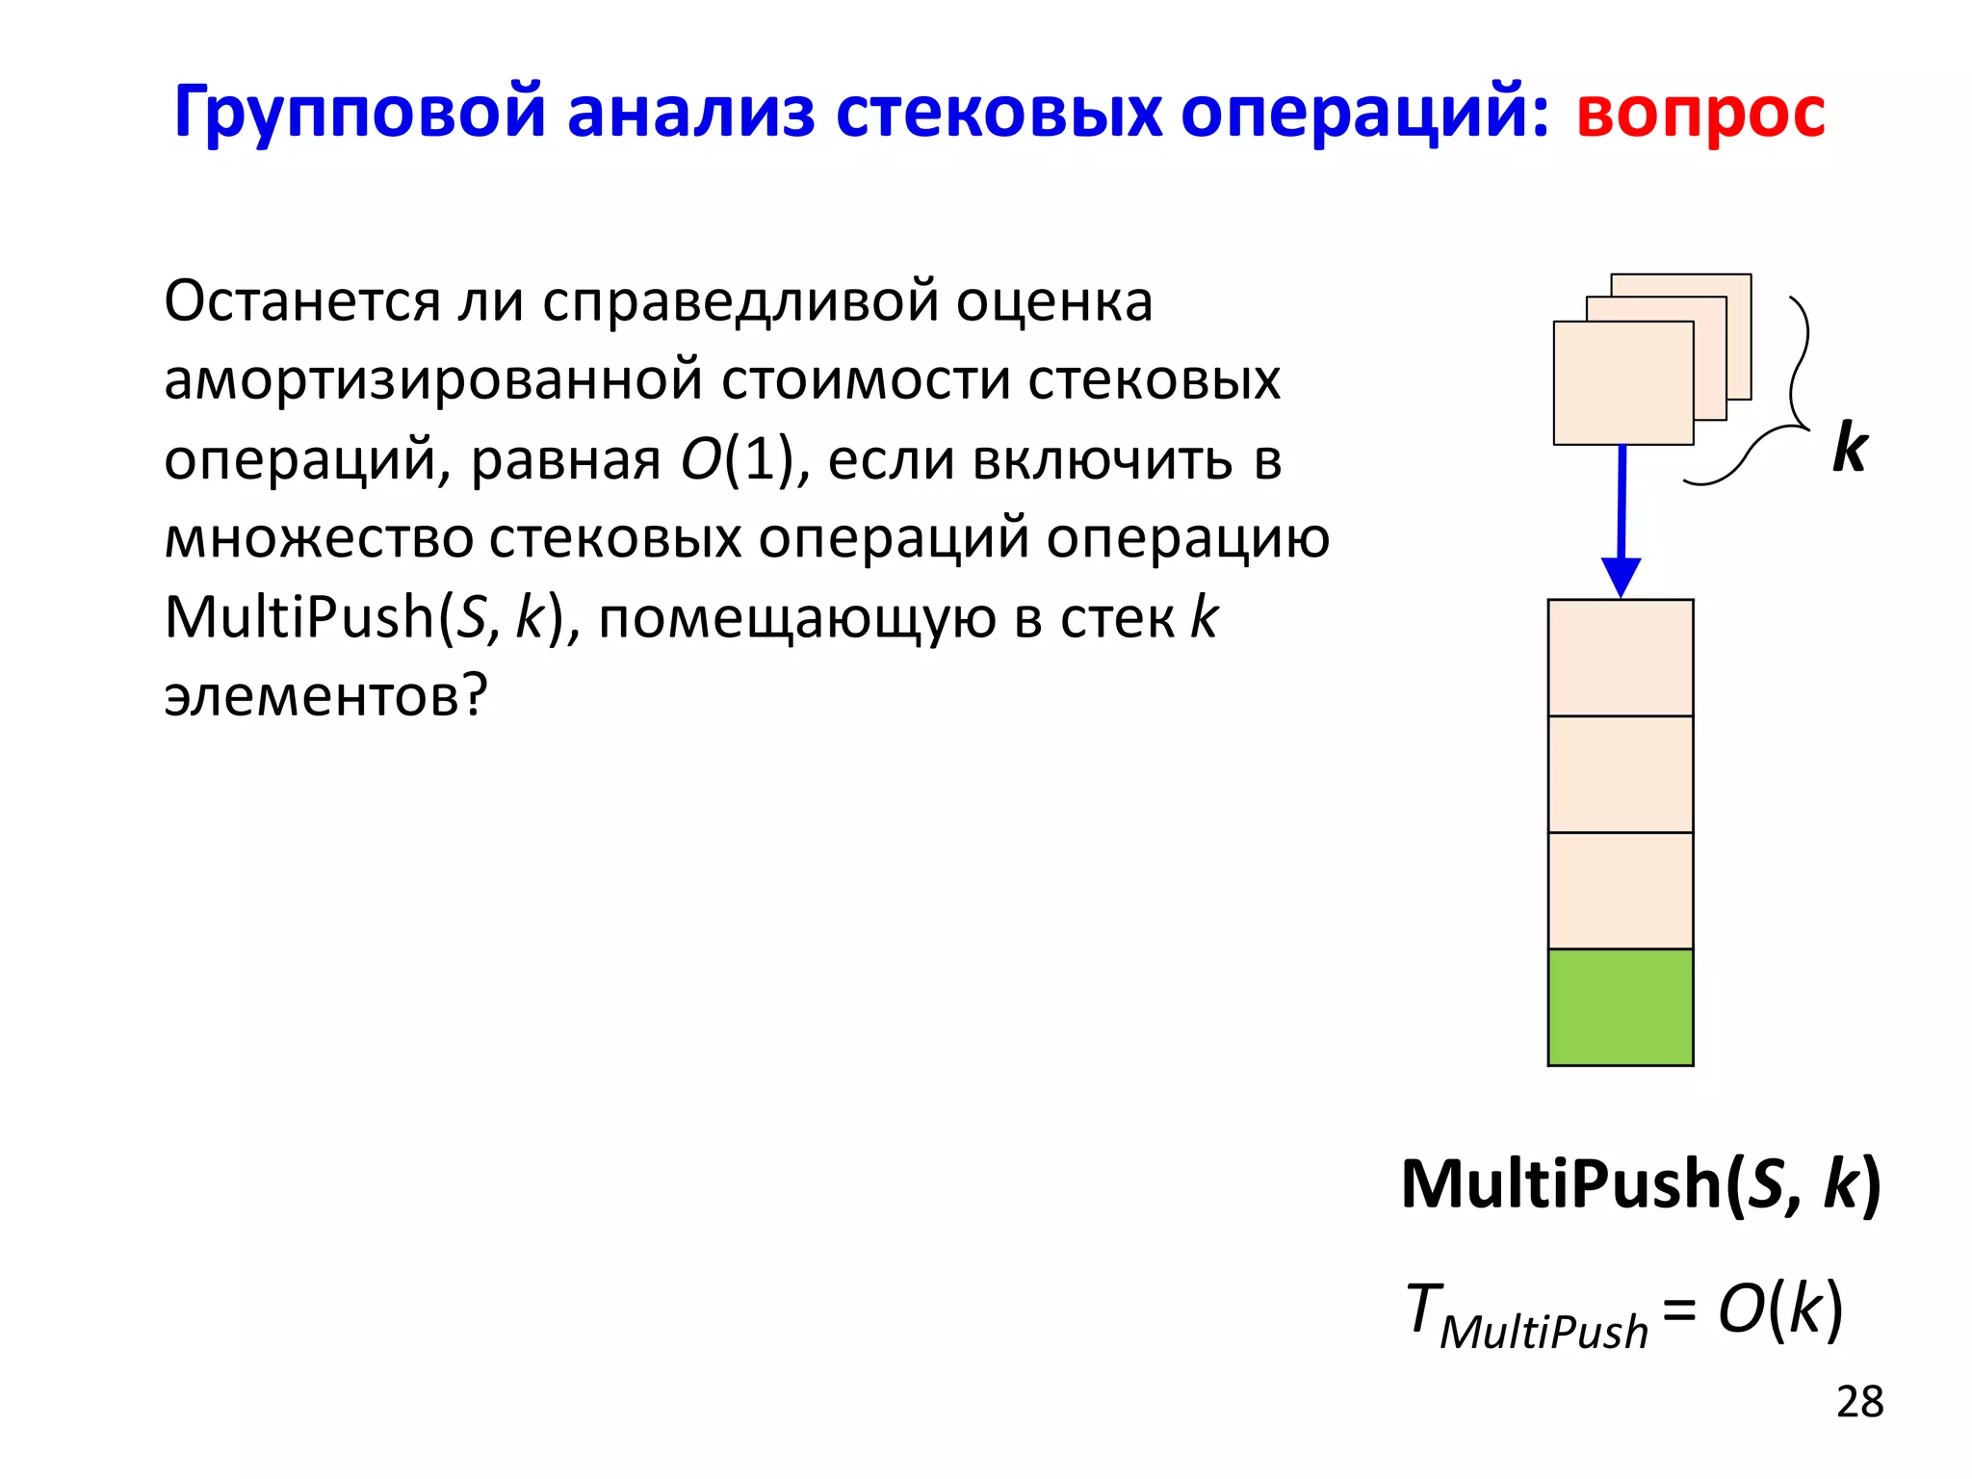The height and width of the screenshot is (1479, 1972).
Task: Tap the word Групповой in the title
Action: click(x=358, y=114)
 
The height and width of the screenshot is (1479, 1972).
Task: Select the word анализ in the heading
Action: click(x=690, y=114)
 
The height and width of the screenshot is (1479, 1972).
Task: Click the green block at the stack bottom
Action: click(x=1621, y=1007)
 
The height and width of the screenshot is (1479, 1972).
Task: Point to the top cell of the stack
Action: click(x=1621, y=658)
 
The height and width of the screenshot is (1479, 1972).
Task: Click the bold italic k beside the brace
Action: click(x=1850, y=448)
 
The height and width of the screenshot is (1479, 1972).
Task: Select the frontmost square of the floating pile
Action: click(x=1623, y=383)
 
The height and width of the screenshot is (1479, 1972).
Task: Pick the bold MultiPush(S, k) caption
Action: click(x=1641, y=1183)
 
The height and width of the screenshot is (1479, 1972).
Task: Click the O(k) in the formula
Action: click(x=1780, y=1310)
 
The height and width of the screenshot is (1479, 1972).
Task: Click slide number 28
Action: click(x=1858, y=1402)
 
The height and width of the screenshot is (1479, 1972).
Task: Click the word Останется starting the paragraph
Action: click(x=301, y=302)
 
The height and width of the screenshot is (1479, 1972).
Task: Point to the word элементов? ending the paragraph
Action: click(x=326, y=697)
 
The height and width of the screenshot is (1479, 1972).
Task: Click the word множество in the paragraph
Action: click(x=319, y=539)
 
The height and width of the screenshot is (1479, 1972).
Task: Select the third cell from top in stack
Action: click(x=1621, y=891)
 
